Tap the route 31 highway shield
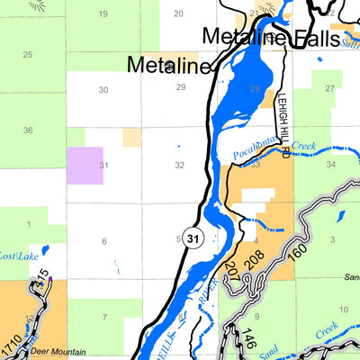tap(193, 238)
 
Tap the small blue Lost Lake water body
tap(44, 250)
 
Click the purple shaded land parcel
tap(85, 165)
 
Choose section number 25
tap(28, 56)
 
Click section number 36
tap(28, 130)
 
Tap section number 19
tap(103, 13)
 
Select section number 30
tap(103, 89)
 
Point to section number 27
tap(329, 88)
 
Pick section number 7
tap(104, 317)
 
